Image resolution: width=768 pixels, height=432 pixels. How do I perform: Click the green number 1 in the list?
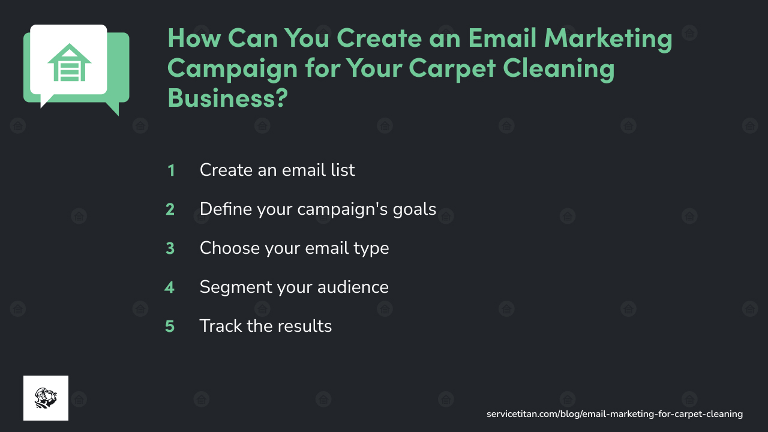(x=171, y=170)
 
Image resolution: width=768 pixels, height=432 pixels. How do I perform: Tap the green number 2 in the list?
(x=170, y=209)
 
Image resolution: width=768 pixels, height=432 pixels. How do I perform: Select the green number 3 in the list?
(x=170, y=248)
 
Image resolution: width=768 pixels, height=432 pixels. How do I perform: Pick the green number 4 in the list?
(x=170, y=287)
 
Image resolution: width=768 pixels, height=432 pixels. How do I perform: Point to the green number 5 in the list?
(x=170, y=326)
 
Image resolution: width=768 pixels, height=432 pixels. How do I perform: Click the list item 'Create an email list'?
(x=277, y=170)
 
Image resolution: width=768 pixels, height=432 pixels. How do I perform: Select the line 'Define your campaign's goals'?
(x=318, y=209)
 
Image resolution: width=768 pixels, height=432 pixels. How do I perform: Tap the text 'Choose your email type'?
(x=294, y=248)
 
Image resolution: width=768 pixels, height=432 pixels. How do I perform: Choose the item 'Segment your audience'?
(x=294, y=287)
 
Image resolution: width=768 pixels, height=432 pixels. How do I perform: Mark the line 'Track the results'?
(x=265, y=326)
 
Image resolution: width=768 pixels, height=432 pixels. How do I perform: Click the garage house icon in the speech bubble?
(x=69, y=62)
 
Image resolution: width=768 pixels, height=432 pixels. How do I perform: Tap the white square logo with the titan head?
(x=46, y=398)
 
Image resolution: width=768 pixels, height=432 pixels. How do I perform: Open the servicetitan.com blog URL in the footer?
(x=614, y=414)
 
